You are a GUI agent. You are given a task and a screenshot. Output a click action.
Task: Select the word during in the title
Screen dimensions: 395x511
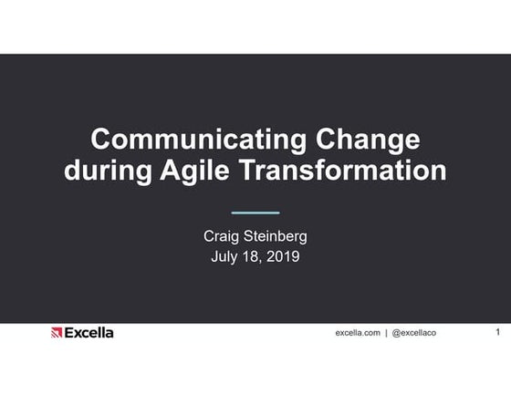point(107,171)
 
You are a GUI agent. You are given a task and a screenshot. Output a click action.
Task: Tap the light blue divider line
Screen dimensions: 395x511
point(255,212)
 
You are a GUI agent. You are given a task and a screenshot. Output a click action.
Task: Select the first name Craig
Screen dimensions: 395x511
point(223,237)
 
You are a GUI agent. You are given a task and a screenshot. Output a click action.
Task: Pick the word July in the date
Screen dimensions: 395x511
point(227,256)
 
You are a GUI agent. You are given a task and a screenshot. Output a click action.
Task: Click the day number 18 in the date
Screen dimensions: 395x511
point(252,256)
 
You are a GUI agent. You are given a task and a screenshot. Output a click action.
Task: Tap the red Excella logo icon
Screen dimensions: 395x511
point(57,333)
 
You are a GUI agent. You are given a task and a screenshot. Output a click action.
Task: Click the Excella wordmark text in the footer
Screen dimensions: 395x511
point(89,333)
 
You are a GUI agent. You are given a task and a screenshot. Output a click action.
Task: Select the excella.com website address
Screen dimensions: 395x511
point(357,333)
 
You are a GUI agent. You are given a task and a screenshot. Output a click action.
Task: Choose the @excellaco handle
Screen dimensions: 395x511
point(413,333)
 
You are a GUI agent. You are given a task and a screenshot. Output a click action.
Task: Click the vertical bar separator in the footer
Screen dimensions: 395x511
point(386,333)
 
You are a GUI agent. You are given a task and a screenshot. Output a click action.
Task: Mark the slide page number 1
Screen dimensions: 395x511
point(497,332)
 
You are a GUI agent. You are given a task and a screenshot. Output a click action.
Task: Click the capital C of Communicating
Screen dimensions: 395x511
point(102,140)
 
